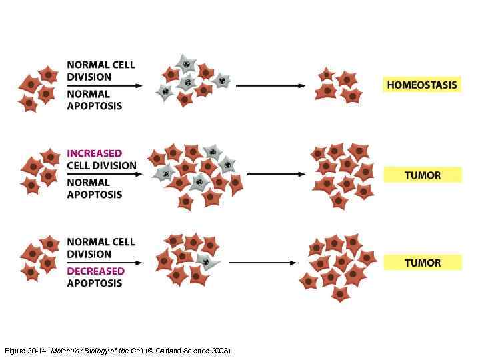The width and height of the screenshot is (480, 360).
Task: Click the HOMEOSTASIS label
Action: (422, 85)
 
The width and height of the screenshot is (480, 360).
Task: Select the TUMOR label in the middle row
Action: (422, 175)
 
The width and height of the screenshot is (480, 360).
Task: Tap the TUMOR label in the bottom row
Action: (422, 262)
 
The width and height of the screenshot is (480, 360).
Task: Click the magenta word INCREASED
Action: (94, 153)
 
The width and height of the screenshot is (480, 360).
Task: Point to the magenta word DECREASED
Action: (95, 271)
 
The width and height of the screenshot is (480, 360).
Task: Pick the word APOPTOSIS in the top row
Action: (94, 106)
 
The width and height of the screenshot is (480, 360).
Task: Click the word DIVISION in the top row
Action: (89, 77)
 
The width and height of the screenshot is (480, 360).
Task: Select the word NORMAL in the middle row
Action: (89, 183)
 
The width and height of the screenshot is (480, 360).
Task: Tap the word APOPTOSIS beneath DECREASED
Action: (94, 283)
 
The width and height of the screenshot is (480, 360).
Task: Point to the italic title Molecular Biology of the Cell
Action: (97, 351)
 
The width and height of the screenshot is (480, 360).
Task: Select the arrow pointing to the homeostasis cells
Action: (267, 85)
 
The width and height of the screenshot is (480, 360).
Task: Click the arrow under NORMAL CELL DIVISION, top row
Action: (103, 85)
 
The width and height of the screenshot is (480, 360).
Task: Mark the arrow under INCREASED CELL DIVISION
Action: (103, 174)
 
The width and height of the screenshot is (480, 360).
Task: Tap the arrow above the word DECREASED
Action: (103, 262)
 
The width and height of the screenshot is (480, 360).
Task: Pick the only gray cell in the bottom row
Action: (205, 260)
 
